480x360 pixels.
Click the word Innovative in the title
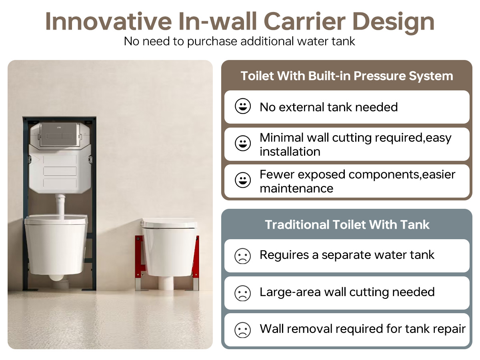108,21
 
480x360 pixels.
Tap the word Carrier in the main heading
305,21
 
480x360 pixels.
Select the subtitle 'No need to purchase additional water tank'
240,41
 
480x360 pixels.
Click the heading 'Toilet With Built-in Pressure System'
347,76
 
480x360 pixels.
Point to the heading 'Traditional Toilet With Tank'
347,224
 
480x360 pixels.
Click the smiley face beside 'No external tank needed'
242,106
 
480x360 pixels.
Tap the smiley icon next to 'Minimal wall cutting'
242,143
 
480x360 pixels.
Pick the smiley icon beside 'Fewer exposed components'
242,180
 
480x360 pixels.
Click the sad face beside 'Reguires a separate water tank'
242,256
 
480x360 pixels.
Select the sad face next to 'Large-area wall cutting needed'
242,293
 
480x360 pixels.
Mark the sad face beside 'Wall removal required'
242,330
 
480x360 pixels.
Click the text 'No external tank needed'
329,107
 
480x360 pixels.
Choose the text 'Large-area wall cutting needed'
347,292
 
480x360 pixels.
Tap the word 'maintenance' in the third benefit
296,188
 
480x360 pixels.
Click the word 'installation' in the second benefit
290,152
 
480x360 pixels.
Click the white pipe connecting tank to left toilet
60,206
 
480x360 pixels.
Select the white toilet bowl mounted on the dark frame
56,245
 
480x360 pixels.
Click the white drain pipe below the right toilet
166,284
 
